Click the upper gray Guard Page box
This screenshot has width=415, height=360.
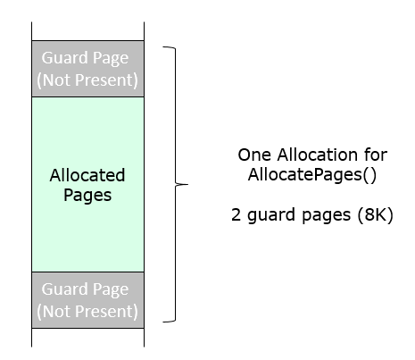point(87,69)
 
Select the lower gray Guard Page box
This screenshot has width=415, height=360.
point(87,300)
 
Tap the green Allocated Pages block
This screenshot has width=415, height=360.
point(87,184)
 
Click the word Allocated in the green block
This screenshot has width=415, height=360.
point(87,175)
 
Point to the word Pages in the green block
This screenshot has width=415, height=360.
point(87,196)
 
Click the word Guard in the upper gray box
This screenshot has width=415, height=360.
point(61,58)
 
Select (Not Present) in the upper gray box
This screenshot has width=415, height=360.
point(87,80)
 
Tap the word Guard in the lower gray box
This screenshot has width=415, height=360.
point(61,289)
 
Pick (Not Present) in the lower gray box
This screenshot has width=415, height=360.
point(87,312)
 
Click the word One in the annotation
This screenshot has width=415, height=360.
point(254,155)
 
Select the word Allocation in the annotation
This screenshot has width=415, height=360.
point(318,155)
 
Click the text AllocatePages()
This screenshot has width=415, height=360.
point(312,174)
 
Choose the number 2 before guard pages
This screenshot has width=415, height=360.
point(236,214)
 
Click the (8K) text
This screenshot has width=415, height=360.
point(376,214)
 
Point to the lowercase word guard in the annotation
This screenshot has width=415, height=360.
point(271,215)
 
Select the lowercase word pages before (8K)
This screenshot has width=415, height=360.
point(327,216)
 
